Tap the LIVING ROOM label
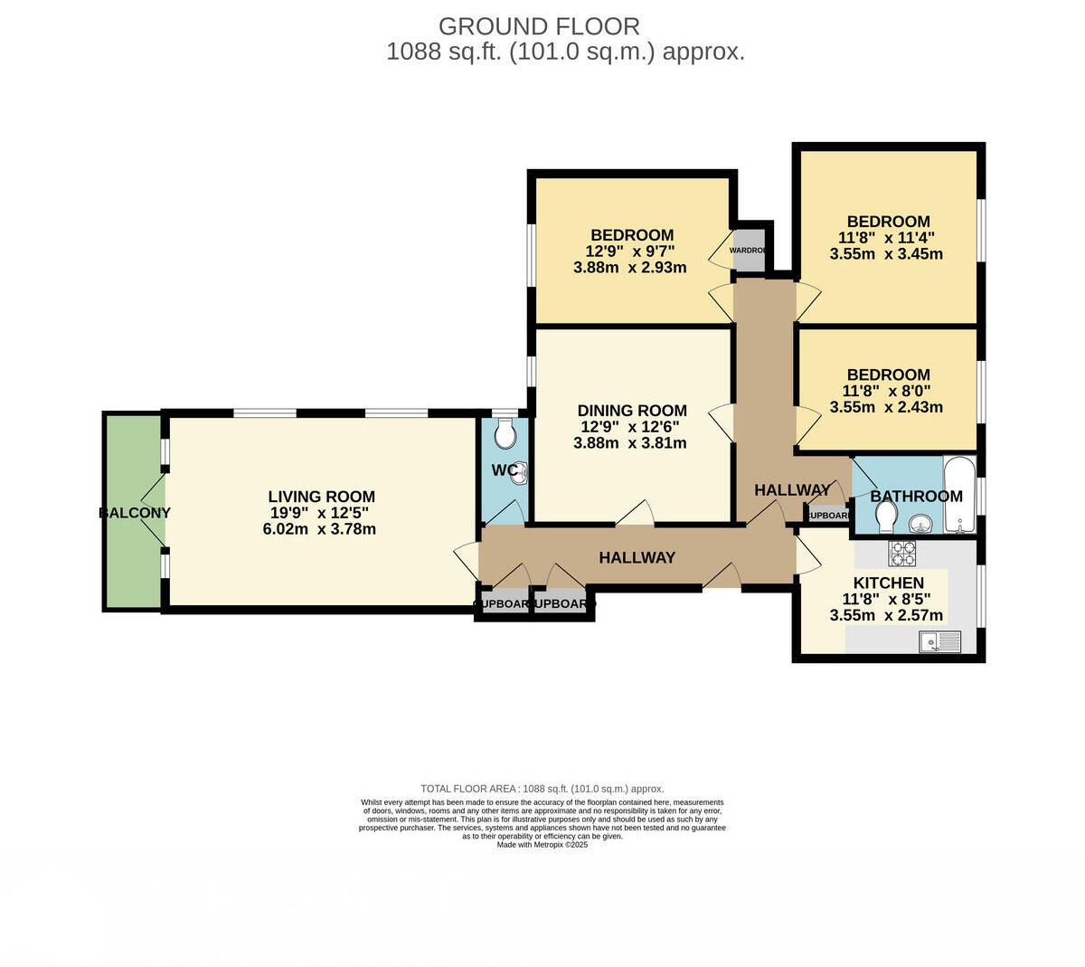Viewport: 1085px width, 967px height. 321,497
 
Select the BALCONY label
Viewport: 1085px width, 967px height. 134,513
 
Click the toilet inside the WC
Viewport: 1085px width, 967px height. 505,433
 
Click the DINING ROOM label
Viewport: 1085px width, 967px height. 632,411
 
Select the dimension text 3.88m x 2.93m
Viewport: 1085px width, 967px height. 630,268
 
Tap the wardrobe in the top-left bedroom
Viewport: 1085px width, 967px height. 749,251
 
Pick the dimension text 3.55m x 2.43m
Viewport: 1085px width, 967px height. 886,407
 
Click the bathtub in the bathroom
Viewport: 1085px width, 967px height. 958,496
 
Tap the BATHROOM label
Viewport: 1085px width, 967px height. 916,496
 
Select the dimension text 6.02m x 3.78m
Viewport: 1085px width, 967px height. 319,529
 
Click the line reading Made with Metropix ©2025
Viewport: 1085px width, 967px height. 542,845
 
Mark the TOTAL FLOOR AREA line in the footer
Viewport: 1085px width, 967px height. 542,789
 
